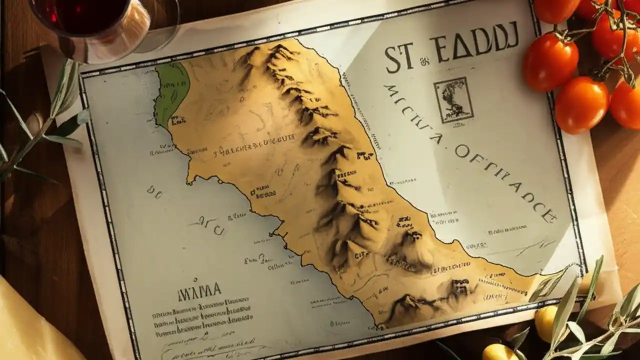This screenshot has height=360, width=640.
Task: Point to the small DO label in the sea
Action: [x=154, y=191]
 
